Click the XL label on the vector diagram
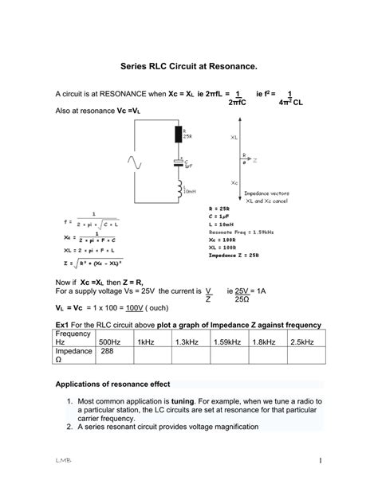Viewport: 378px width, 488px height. tap(234, 137)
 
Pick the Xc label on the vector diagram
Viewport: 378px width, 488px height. tap(234, 182)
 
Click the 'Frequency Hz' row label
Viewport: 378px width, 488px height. tap(76, 338)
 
